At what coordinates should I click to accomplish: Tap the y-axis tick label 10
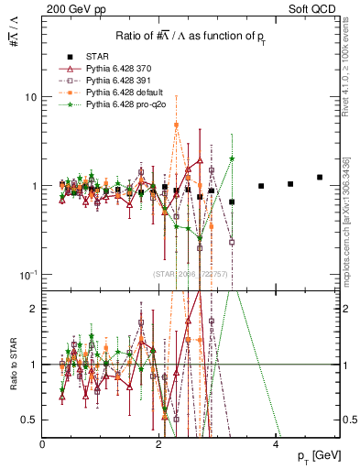(29, 97)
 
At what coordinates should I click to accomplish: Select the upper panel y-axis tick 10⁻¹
(27, 275)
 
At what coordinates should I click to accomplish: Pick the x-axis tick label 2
(160, 442)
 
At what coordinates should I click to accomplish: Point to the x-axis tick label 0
(43, 442)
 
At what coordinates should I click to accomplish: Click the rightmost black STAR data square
(320, 177)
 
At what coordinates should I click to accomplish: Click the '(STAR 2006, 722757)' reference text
(191, 274)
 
